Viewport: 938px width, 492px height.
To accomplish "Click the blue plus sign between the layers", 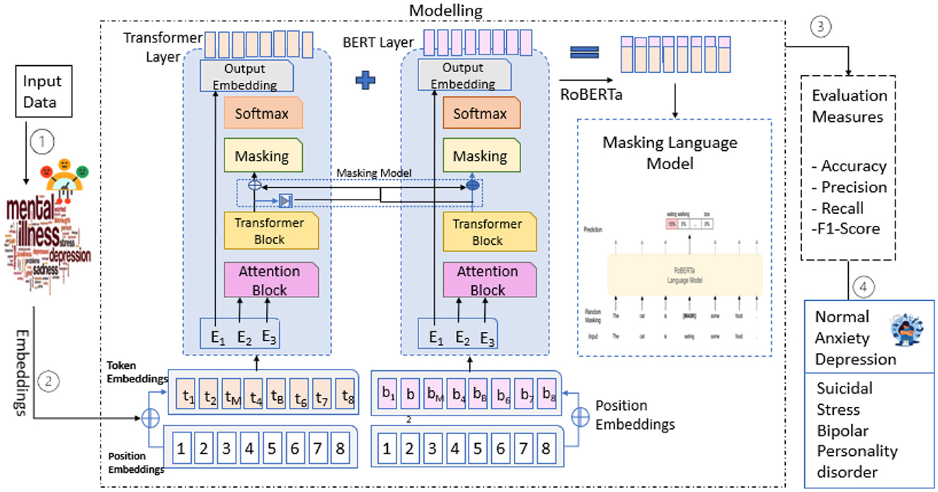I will click(365, 80).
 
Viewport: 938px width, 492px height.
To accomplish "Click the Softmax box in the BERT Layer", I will click(480, 113).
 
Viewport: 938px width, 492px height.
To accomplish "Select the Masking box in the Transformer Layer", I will click(262, 156).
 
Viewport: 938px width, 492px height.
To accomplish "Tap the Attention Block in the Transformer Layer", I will click(269, 280).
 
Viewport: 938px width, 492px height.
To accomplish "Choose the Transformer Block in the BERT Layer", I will click(487, 231).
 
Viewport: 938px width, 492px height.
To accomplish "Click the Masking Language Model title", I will click(670, 151).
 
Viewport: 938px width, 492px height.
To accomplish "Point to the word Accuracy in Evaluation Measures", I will click(854, 166).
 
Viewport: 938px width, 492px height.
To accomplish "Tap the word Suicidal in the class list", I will click(845, 389).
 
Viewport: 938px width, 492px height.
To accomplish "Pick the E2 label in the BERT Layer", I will click(462, 337).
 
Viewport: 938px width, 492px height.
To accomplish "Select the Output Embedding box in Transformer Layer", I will click(245, 76).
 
